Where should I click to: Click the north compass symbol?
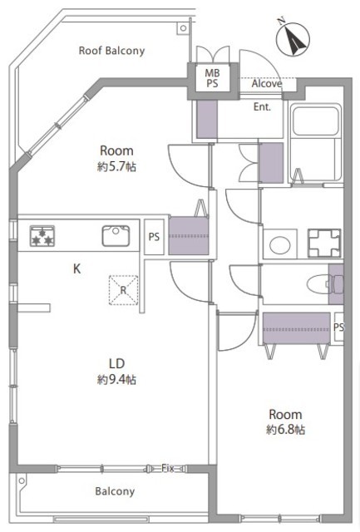(293, 39)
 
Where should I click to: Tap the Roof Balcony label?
(111, 51)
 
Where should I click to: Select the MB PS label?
(212, 78)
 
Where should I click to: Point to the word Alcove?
(267, 83)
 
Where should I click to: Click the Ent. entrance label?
(262, 107)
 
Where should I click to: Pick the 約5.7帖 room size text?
(116, 166)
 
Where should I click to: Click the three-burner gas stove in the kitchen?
(42, 236)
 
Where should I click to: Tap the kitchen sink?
(116, 235)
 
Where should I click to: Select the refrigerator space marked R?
(124, 290)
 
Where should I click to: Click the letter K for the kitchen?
(77, 268)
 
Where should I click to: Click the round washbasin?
(280, 244)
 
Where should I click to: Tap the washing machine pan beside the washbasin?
(324, 243)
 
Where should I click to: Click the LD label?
(116, 364)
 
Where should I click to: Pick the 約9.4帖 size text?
(116, 379)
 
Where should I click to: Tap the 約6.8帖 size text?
(286, 430)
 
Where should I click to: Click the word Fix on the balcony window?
(168, 468)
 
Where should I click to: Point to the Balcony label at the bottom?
(115, 491)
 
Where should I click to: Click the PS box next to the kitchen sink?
(154, 237)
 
